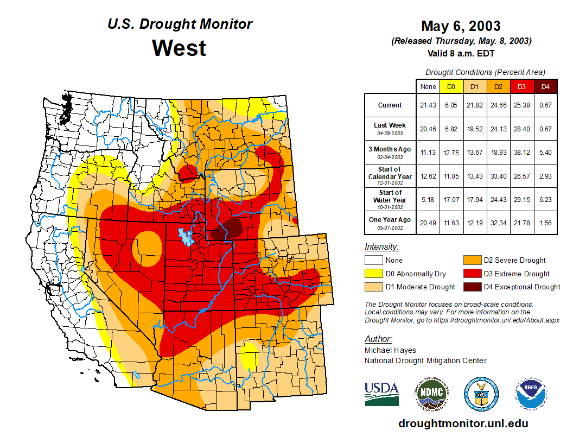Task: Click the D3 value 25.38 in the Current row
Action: point(521,105)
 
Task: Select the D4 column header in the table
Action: point(546,87)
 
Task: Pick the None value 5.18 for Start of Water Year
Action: point(428,200)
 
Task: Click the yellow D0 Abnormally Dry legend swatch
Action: point(373,274)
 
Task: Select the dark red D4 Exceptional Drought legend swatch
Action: point(472,287)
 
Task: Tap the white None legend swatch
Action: point(373,261)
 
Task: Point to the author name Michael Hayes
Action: point(390,350)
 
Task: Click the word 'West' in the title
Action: point(179,48)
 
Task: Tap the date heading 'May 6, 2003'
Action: point(461,26)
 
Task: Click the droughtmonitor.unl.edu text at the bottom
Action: point(463,423)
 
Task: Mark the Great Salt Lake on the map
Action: point(186,237)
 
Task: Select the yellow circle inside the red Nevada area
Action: point(147,242)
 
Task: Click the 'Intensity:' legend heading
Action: point(381,247)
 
